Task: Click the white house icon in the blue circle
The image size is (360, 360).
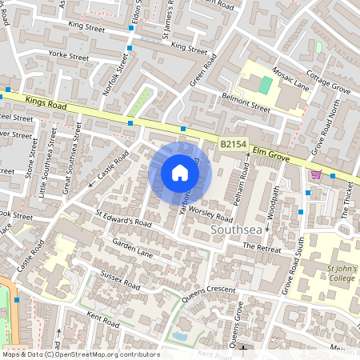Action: coord(180,172)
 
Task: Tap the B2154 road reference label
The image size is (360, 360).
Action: coord(232,144)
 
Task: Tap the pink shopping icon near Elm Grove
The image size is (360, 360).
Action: coord(316,174)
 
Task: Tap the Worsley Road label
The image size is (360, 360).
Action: coord(210,213)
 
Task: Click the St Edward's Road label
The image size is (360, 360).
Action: coord(122,218)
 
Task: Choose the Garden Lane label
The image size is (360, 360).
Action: coord(132,247)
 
